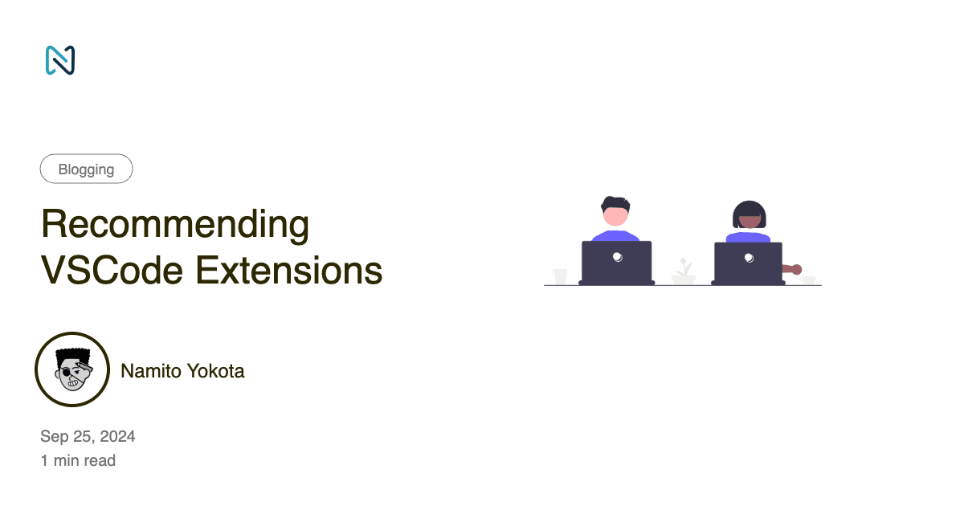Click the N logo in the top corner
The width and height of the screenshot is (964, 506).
coord(60,60)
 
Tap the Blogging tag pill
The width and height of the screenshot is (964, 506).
coord(86,169)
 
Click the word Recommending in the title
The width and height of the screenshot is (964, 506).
coord(175,226)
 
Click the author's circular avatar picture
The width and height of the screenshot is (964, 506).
coord(72,369)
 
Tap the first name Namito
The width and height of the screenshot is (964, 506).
coord(152,371)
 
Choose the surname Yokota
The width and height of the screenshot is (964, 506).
coord(217,371)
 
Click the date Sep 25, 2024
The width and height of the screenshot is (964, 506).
coord(88,437)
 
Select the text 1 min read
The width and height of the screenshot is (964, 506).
coord(78,461)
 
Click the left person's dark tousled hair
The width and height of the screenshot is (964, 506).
coord(615,202)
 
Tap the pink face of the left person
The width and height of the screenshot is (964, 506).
coord(615,216)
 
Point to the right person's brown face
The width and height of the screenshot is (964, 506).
coord(749,219)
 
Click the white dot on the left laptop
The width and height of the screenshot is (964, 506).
coord(617,257)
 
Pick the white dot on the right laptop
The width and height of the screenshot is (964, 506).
coord(749,258)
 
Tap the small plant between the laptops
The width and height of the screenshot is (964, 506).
coord(684,271)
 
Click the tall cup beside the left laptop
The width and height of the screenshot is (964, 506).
coord(560,276)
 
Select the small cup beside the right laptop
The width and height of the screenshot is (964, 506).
coord(808,280)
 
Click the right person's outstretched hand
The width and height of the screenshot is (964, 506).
coord(795,269)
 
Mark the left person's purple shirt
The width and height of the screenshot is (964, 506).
coord(615,235)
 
